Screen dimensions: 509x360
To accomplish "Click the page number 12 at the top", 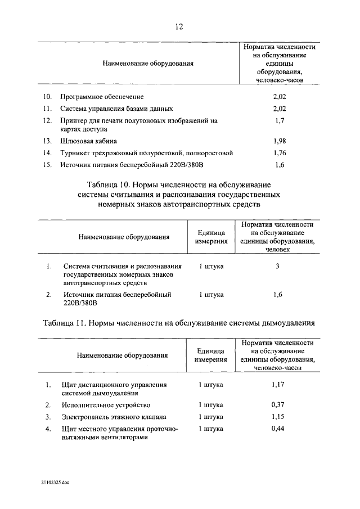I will (179, 26).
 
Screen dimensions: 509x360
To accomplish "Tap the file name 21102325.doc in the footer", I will (55, 483).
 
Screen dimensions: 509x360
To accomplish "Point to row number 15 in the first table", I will (47, 165).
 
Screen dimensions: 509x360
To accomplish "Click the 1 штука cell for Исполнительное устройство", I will (211, 405).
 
